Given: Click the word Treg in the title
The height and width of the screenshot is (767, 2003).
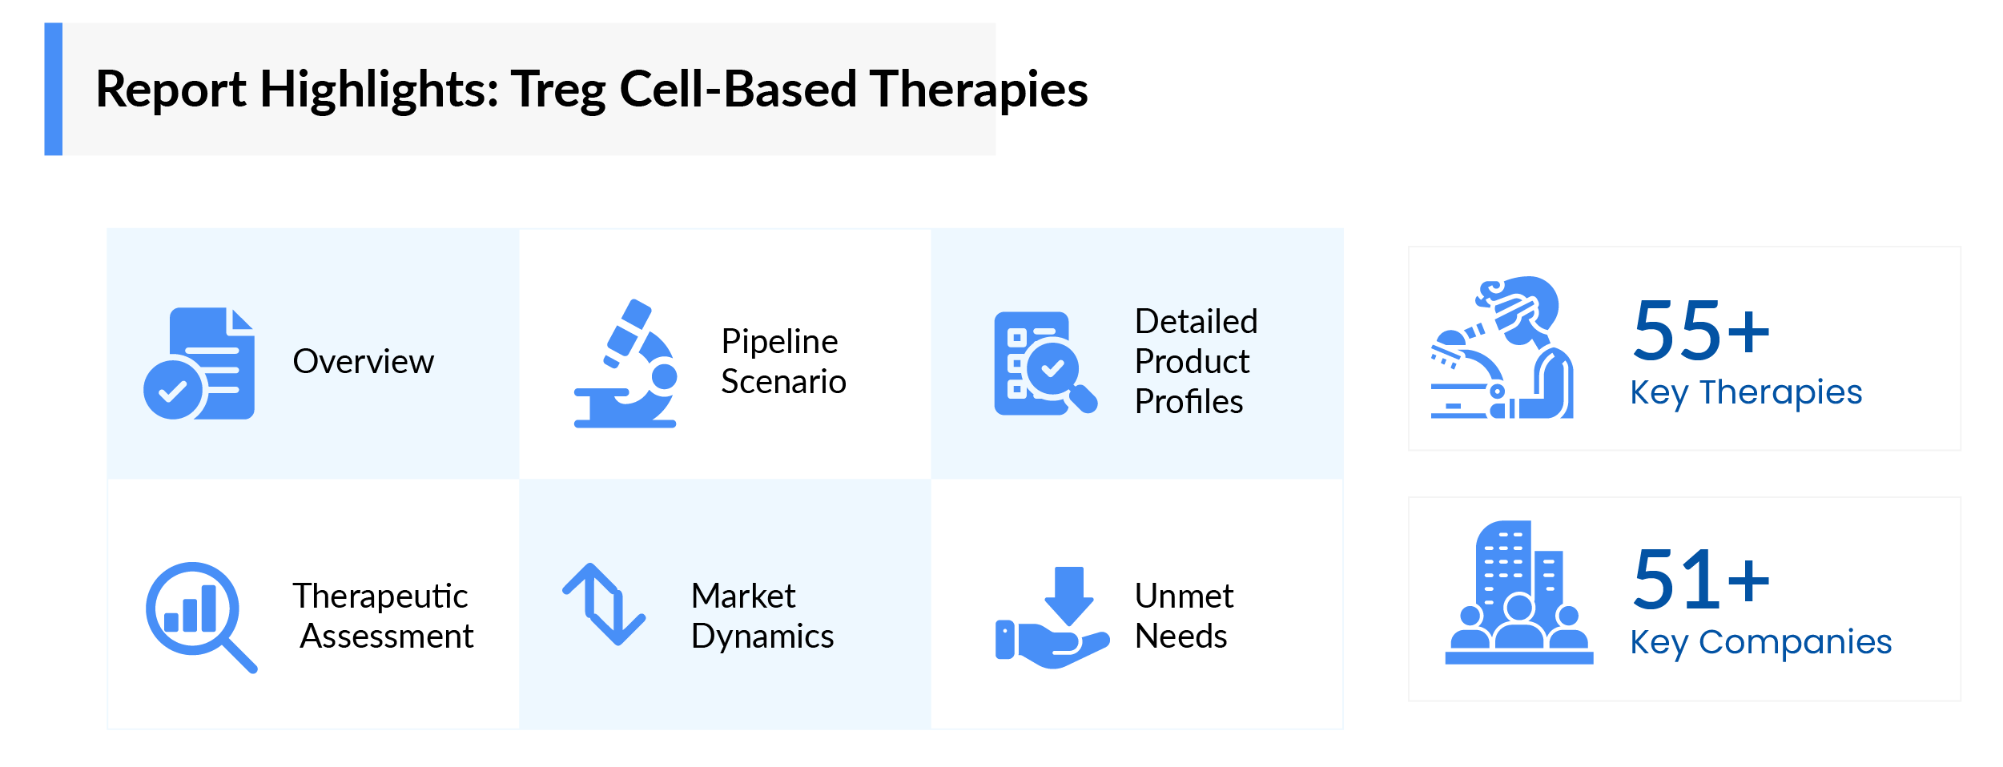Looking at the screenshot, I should click(x=558, y=90).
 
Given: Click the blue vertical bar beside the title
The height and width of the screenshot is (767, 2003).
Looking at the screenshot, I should click(x=53, y=89).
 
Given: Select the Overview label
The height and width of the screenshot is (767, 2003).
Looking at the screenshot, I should click(x=363, y=361).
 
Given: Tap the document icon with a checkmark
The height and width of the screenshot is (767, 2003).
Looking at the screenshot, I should click(x=200, y=363).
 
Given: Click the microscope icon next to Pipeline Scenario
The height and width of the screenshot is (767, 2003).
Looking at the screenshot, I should click(x=626, y=364).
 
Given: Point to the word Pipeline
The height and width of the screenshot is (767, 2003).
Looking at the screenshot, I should click(x=779, y=342).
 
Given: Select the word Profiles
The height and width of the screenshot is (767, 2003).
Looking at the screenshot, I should click(x=1189, y=402).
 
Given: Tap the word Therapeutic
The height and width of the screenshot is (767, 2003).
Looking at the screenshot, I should click(x=380, y=596).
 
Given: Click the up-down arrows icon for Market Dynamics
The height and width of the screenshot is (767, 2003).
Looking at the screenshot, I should click(x=604, y=604).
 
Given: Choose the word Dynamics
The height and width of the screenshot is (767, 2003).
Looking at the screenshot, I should click(x=762, y=636).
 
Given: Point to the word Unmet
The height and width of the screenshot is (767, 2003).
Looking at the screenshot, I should click(x=1184, y=596).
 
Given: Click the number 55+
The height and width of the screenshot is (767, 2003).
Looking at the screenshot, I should click(x=1701, y=330).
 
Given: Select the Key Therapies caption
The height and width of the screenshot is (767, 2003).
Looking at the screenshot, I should click(x=1746, y=392).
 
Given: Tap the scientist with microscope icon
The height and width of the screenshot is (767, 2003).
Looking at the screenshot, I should click(x=1502, y=348).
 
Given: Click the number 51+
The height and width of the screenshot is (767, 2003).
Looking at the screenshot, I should click(x=1701, y=580).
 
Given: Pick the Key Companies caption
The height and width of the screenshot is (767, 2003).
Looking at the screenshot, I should click(x=1760, y=642).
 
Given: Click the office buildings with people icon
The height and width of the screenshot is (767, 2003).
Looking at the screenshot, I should click(x=1518, y=592).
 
